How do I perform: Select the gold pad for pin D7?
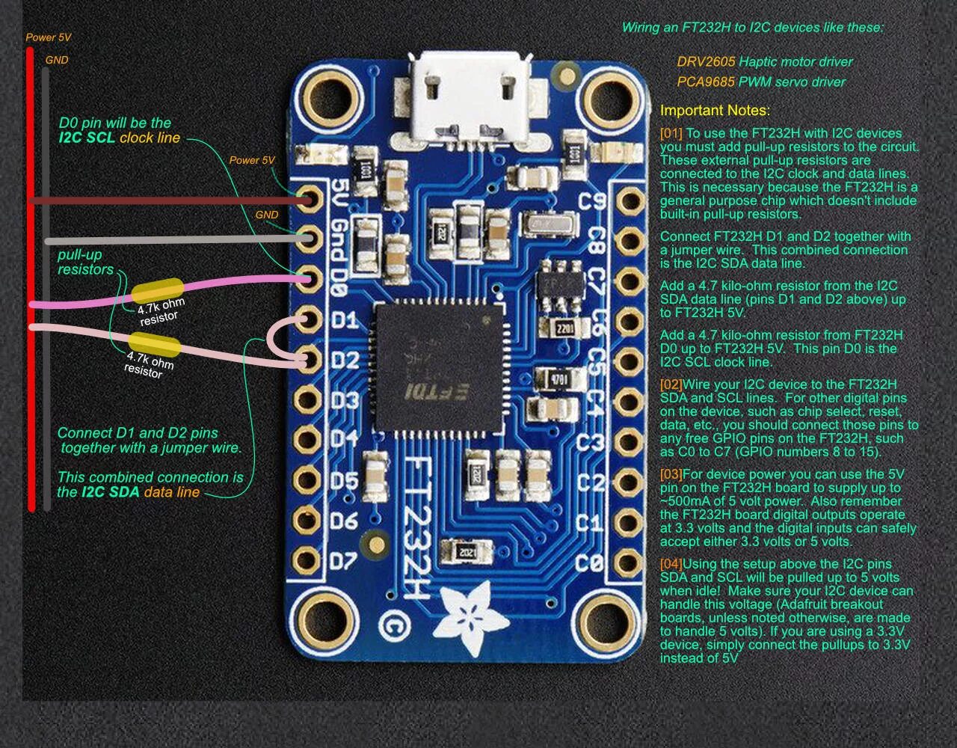307,559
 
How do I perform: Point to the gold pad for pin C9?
630,200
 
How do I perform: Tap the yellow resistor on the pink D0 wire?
157,290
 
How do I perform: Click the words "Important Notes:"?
714,111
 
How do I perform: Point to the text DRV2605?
706,62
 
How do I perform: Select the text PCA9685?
706,82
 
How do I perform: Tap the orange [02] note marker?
671,384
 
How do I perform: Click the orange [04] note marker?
671,564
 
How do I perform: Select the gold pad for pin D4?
307,438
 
